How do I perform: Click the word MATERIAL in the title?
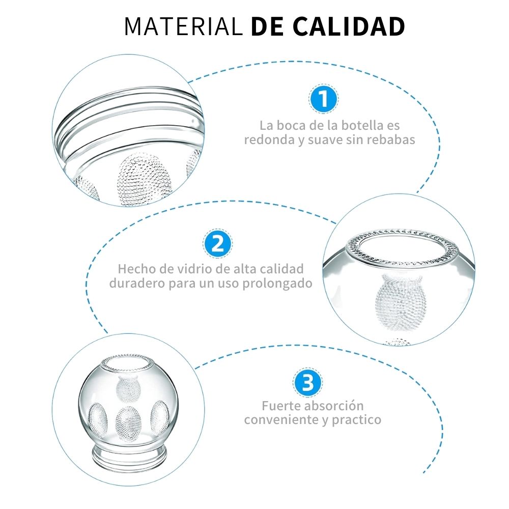tap(183, 26)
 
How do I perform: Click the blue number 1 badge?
tap(323, 99)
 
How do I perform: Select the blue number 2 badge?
tap(217, 244)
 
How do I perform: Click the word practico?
tap(356, 420)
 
